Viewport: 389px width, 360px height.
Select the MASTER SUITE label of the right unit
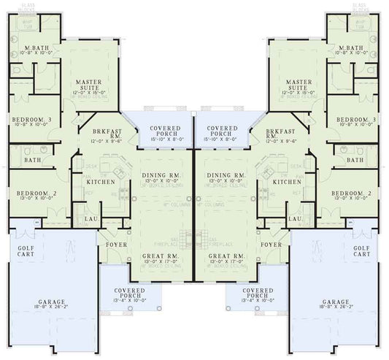[x=299, y=85]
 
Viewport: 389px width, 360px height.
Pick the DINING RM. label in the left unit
[x=163, y=176]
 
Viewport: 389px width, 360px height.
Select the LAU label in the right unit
[x=296, y=218]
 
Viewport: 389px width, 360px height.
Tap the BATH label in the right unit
[x=355, y=159]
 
